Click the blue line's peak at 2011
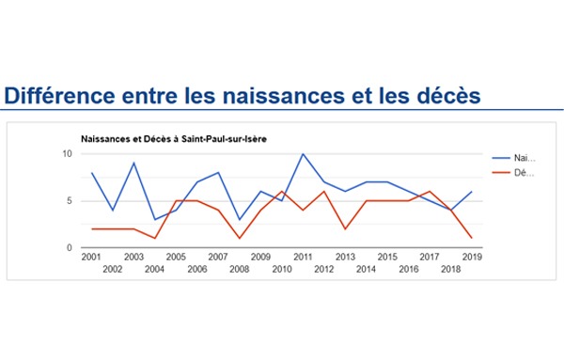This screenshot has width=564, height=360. pyautogui.click(x=303, y=154)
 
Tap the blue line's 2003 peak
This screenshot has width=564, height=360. pyautogui.click(x=133, y=163)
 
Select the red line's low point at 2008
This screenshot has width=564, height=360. pyautogui.click(x=240, y=238)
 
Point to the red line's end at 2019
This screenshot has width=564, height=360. pyautogui.click(x=472, y=238)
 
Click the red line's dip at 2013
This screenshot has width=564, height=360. pyautogui.click(x=345, y=228)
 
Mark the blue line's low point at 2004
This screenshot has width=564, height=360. pyautogui.click(x=155, y=219)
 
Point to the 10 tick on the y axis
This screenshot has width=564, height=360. pyautogui.click(x=68, y=154)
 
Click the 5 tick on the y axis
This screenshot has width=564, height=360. pyautogui.click(x=70, y=201)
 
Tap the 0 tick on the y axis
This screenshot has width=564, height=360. pyautogui.click(x=70, y=248)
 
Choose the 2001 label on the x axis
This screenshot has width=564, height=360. pyautogui.click(x=91, y=257)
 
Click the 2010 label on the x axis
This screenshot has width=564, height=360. pyautogui.click(x=282, y=269)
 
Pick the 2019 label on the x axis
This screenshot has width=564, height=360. pyautogui.click(x=472, y=257)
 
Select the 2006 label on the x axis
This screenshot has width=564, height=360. pyautogui.click(x=197, y=269)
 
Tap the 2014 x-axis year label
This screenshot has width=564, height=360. pyautogui.click(x=367, y=269)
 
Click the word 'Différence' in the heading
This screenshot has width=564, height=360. pyautogui.click(x=60, y=95)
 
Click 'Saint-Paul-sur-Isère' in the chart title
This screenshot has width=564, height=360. pyautogui.click(x=224, y=139)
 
